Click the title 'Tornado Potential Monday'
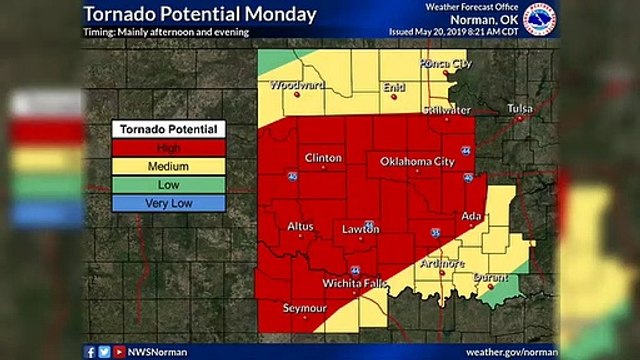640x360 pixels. [200, 15]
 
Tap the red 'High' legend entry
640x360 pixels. [168, 148]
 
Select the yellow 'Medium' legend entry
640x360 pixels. [168, 166]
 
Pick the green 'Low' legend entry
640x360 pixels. [168, 185]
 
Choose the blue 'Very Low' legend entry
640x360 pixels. [168, 203]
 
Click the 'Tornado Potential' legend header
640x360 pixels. [168, 129]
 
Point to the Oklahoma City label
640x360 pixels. [417, 161]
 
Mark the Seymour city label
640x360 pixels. [305, 309]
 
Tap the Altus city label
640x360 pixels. [300, 227]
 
